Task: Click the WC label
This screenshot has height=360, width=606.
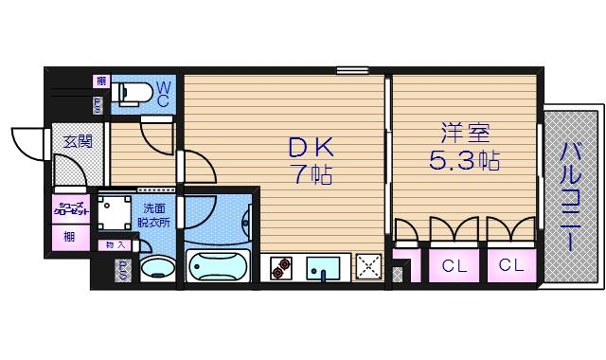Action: pos(163,93)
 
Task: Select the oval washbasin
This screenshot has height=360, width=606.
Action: pos(158,268)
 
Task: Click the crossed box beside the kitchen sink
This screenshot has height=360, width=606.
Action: pos(367,267)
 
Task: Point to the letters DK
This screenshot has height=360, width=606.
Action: pos(312,148)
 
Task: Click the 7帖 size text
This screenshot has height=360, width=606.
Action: pos(312,175)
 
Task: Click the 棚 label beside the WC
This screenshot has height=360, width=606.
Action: pos(99,81)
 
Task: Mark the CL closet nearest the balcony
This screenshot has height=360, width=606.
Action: pos(512,266)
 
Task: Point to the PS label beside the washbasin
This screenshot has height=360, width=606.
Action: pos(123,271)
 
